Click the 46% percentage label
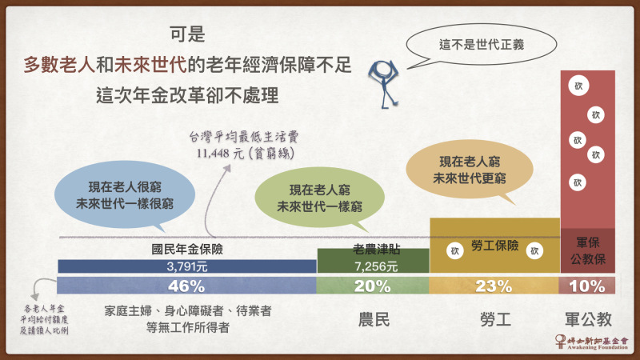186,286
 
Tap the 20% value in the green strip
372,286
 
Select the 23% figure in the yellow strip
494,286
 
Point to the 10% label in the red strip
587,286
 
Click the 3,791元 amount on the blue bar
187,266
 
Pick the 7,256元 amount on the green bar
376,266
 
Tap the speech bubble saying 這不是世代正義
482,45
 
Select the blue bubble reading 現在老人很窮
125,196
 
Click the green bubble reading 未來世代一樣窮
319,198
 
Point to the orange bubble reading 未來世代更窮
470,170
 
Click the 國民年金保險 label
187,249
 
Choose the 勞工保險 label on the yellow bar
494,246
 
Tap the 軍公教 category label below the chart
588,319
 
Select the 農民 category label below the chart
374,319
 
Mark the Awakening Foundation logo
591,342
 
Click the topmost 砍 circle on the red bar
578,86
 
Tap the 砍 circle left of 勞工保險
455,250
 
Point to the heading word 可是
187,34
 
